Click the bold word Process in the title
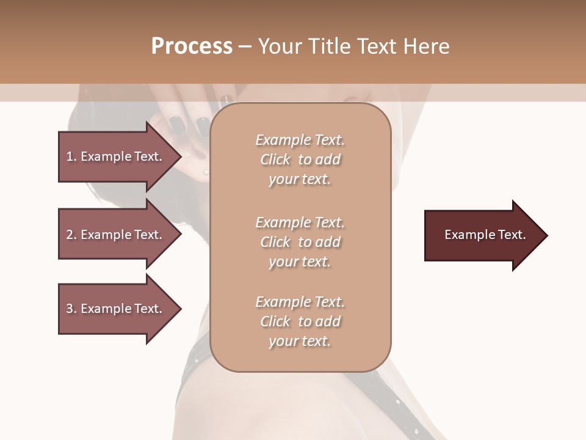click(x=192, y=46)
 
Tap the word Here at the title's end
click(x=426, y=46)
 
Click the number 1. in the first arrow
click(x=71, y=156)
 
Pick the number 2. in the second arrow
click(x=71, y=235)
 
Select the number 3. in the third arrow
click(x=71, y=309)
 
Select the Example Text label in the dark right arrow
click(x=485, y=235)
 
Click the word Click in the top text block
click(x=275, y=160)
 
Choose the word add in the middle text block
click(x=328, y=242)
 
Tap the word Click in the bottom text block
click(x=275, y=321)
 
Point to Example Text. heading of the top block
click(x=300, y=140)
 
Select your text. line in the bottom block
click(x=300, y=342)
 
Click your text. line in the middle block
click(x=300, y=262)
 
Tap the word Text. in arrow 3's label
click(x=148, y=309)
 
